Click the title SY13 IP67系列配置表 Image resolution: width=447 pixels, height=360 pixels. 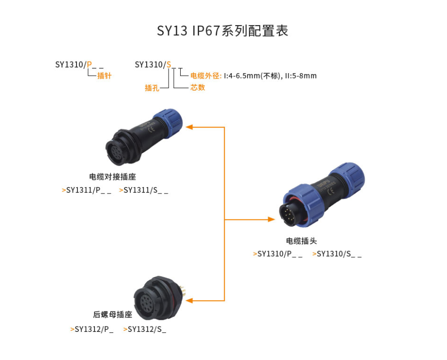click(x=223, y=31)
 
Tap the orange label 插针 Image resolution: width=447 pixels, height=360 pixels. click(x=104, y=76)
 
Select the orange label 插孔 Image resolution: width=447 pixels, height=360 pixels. click(x=152, y=88)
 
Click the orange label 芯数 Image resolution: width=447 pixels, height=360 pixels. click(x=198, y=87)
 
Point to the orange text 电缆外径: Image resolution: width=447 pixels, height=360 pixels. click(x=206, y=76)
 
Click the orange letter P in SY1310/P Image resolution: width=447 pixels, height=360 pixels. click(x=89, y=64)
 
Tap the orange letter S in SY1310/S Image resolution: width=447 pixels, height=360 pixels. click(x=169, y=64)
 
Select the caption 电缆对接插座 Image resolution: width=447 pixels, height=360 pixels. click(x=113, y=177)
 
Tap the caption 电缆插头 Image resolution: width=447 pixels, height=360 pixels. click(x=301, y=241)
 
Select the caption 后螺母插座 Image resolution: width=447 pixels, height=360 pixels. click(x=113, y=314)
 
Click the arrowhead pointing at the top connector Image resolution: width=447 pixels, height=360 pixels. click(x=189, y=127)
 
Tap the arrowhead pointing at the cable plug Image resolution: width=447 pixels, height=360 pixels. click(x=271, y=219)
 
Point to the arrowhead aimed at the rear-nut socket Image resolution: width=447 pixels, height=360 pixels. click(x=189, y=301)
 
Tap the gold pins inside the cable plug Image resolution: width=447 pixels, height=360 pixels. click(x=288, y=216)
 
